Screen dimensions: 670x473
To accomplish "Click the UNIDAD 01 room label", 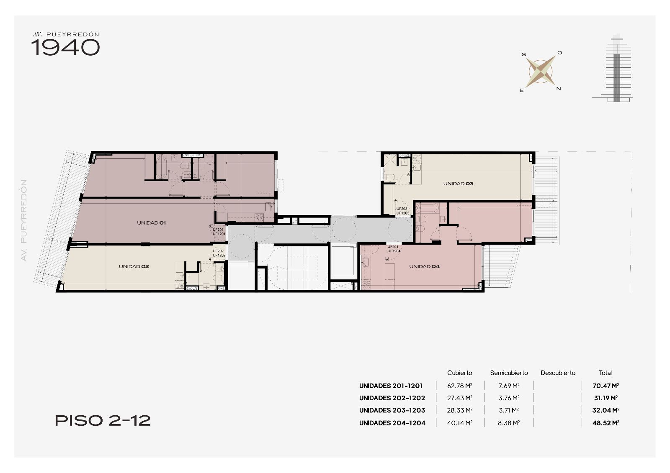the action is pyautogui.click(x=151, y=223).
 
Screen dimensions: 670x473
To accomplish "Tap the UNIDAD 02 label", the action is pyautogui.click(x=134, y=266).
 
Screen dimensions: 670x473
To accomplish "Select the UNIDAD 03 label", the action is pyautogui.click(x=458, y=184).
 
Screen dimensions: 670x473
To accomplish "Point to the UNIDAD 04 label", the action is pyautogui.click(x=425, y=266).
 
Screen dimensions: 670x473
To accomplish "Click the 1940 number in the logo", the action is pyautogui.click(x=65, y=48).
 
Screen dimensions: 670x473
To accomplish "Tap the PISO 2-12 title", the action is pyautogui.click(x=103, y=421).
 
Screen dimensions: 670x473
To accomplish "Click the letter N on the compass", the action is pyautogui.click(x=559, y=89).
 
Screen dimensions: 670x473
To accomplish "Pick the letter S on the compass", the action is pyautogui.click(x=524, y=54).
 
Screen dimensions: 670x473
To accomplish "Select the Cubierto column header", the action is pyautogui.click(x=459, y=373).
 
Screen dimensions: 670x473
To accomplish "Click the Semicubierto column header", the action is pyautogui.click(x=509, y=373).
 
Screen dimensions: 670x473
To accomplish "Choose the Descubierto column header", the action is pyautogui.click(x=558, y=373).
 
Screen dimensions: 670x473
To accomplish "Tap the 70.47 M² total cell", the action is pyautogui.click(x=606, y=386).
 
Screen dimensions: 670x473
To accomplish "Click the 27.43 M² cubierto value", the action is pyautogui.click(x=460, y=398).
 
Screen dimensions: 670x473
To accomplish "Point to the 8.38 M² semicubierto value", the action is pyautogui.click(x=509, y=423).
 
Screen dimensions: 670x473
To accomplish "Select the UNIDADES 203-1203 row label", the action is pyautogui.click(x=392, y=410).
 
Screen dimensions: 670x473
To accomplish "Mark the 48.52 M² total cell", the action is pyautogui.click(x=606, y=423).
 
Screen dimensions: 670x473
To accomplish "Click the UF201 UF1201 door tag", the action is pyautogui.click(x=219, y=232).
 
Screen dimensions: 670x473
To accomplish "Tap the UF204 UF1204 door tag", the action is pyautogui.click(x=394, y=249).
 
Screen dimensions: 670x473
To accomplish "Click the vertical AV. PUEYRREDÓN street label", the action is pyautogui.click(x=23, y=220).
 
